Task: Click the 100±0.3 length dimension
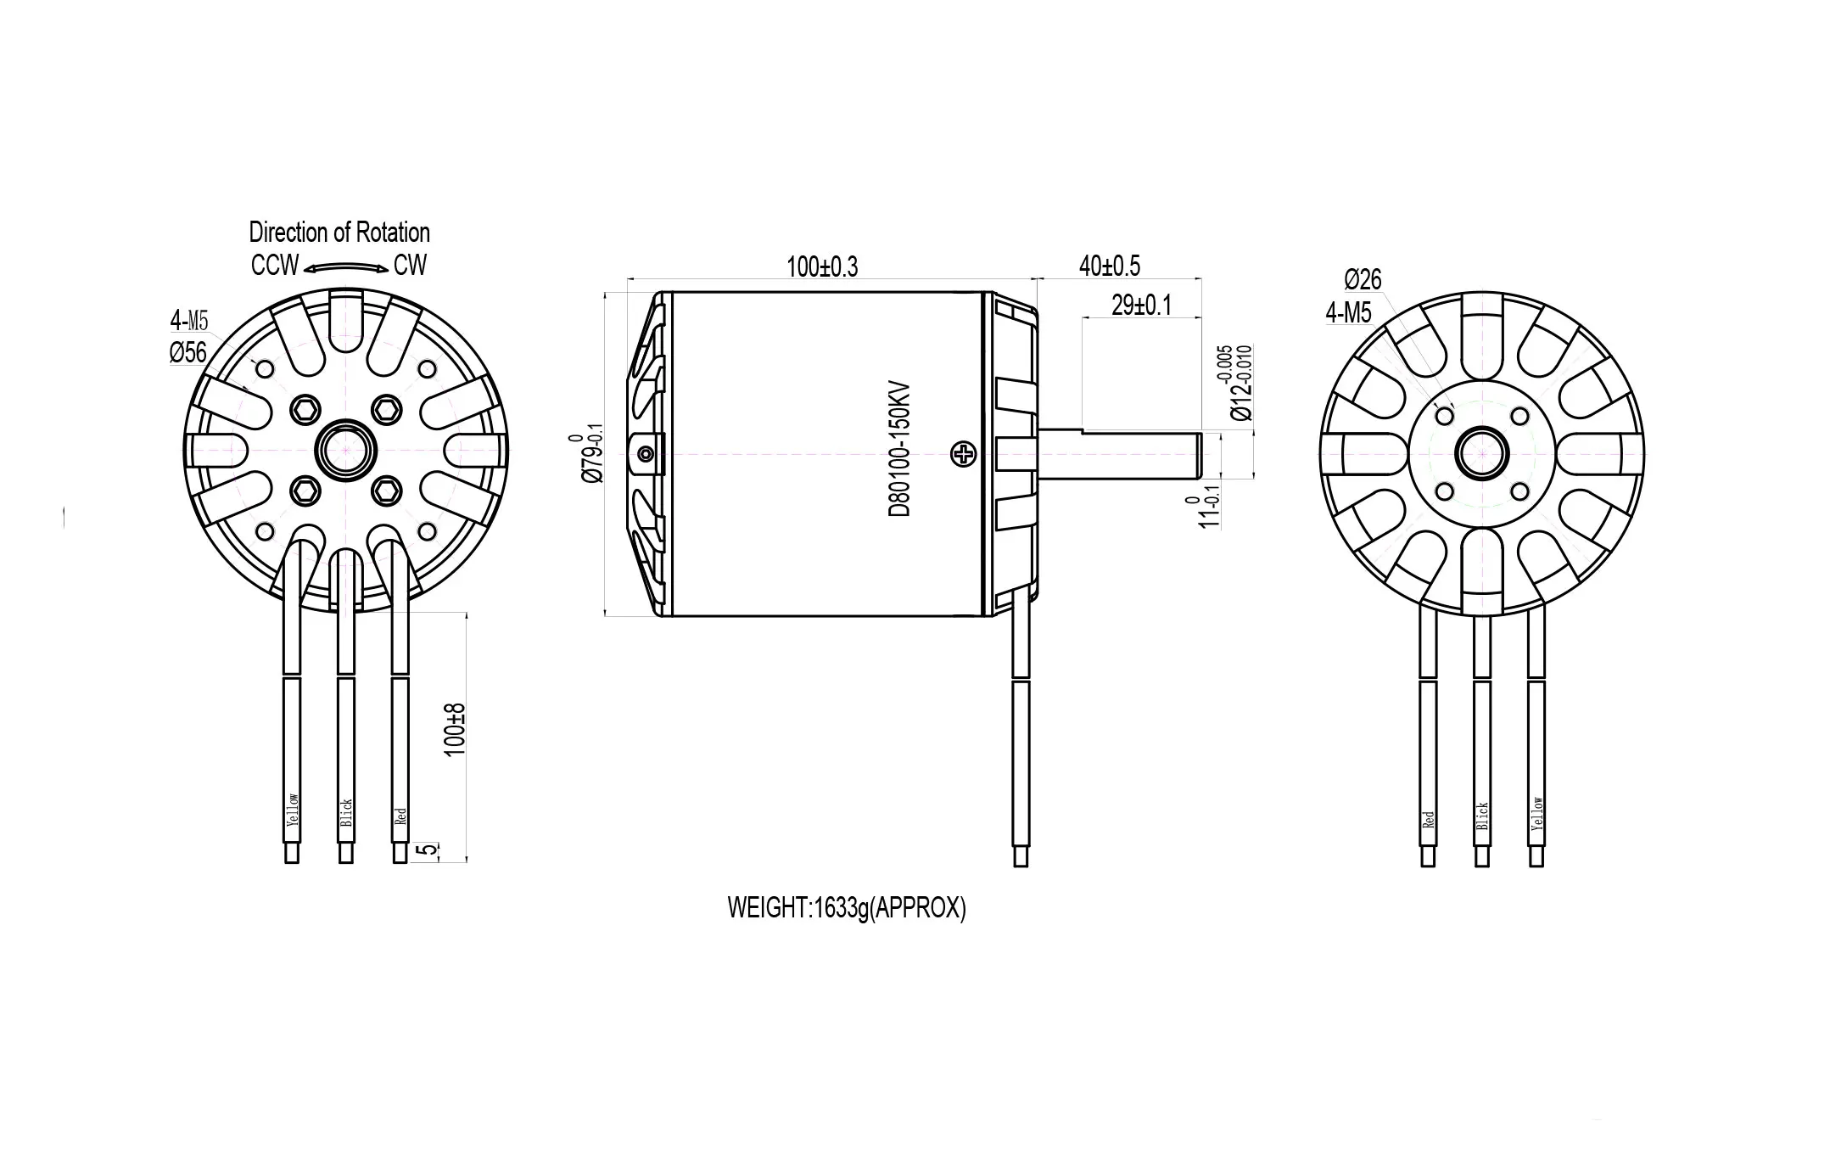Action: [821, 266]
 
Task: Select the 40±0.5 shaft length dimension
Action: [1109, 266]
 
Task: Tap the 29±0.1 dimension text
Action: [1141, 306]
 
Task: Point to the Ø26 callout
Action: [1363, 279]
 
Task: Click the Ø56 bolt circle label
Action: [187, 351]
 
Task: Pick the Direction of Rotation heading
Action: [339, 232]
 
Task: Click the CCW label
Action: [275, 266]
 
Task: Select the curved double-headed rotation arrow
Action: [346, 267]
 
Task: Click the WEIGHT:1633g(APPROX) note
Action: [847, 908]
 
